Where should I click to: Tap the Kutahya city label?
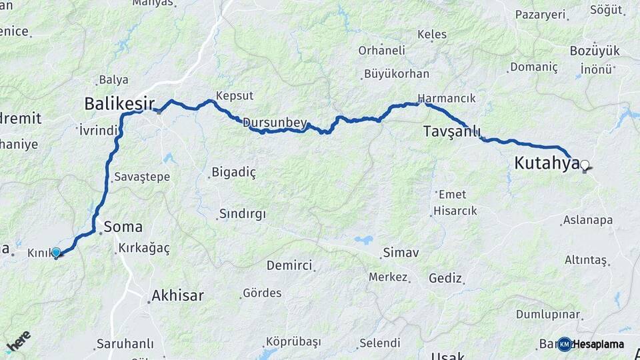coord(547,163)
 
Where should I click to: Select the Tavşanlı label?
coord(452,132)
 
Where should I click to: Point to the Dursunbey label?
coord(275,123)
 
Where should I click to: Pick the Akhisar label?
coord(177,295)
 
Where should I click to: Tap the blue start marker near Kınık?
coord(57,253)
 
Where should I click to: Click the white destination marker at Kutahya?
coord(585,165)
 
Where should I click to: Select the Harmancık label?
coord(447,98)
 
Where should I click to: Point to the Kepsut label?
coord(231,95)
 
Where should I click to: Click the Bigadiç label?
coord(233,173)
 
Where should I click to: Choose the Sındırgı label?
coord(242,214)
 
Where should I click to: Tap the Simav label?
coord(401,253)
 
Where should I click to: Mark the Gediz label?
coord(445,278)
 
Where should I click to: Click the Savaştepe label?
coord(142,177)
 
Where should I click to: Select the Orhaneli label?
coord(381,50)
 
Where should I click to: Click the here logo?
coord(18,341)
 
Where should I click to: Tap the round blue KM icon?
coord(565,344)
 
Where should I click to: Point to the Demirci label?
coord(289,265)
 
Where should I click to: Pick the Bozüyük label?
coord(595,51)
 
